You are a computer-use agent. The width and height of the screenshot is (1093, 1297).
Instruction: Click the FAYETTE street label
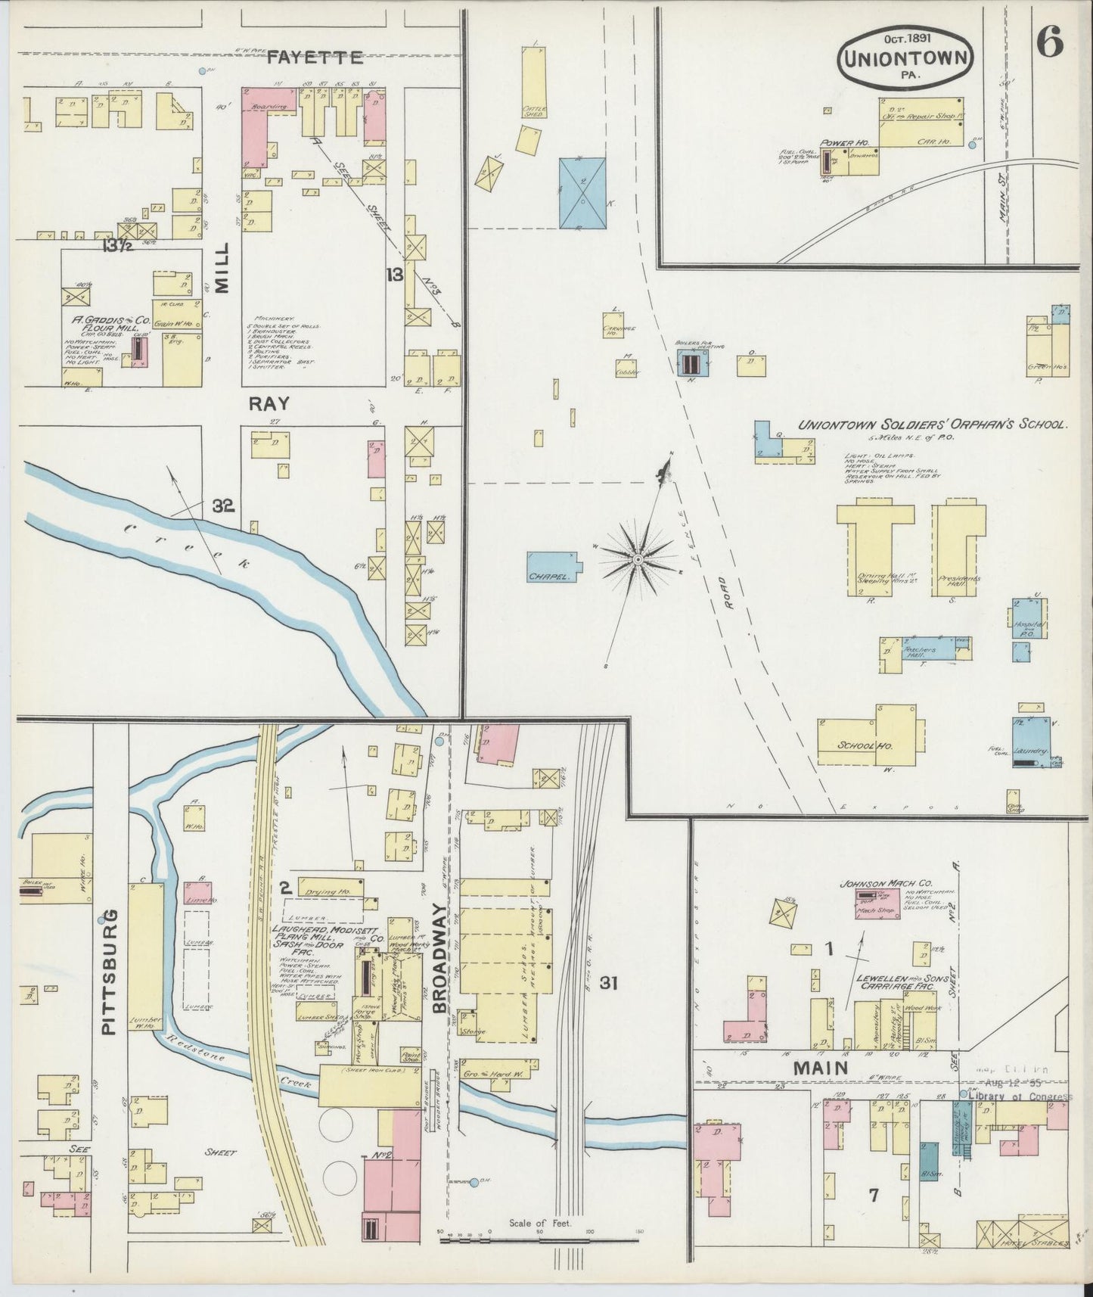(317, 57)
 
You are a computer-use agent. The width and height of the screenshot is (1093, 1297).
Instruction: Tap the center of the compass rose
(638, 558)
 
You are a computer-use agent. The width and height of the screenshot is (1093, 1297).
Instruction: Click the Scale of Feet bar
(540, 1240)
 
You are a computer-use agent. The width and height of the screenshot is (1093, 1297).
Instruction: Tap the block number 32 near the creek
(223, 506)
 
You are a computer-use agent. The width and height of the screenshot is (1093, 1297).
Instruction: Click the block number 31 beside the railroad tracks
(609, 983)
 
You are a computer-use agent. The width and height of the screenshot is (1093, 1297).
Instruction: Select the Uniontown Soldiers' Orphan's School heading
(933, 425)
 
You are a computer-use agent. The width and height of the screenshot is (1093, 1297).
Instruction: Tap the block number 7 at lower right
(873, 1195)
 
